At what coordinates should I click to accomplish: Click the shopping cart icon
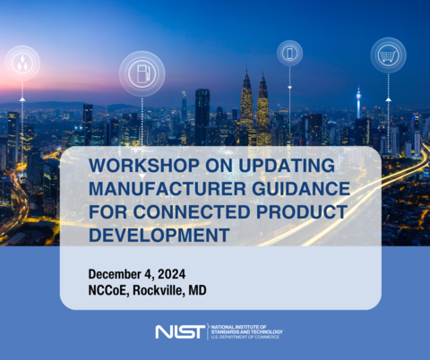388,55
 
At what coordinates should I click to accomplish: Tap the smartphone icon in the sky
289,53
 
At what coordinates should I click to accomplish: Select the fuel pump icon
142,73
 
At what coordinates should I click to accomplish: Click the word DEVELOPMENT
153,235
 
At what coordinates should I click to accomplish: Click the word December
119,272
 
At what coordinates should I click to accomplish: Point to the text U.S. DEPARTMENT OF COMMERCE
246,337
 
